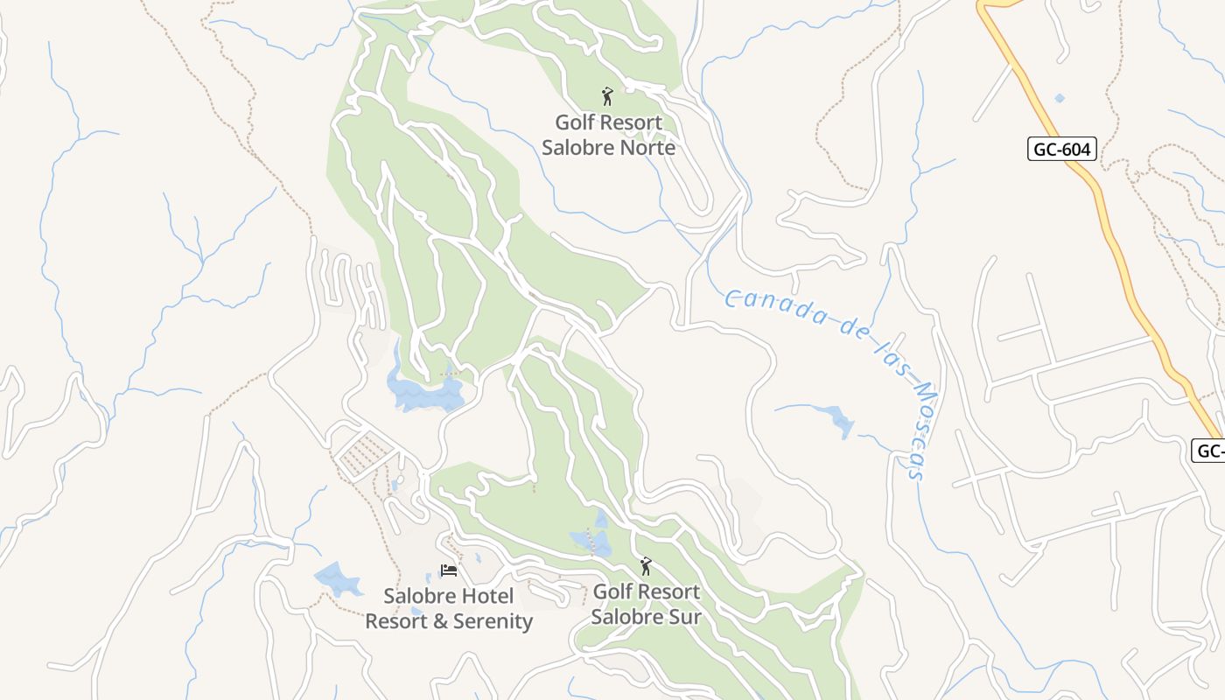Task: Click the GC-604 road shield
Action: (x=1062, y=150)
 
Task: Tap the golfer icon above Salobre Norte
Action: (x=607, y=96)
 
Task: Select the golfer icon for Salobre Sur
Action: (x=646, y=566)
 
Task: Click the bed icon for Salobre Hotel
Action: (x=449, y=570)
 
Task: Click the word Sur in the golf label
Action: (x=685, y=616)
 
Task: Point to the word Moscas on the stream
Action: (x=919, y=429)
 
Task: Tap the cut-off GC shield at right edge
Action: (x=1208, y=451)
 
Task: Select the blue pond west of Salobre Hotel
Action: (x=337, y=578)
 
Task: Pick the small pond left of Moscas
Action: (x=840, y=423)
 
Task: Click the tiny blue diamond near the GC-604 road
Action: (x=1060, y=98)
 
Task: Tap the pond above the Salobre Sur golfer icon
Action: (x=591, y=541)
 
